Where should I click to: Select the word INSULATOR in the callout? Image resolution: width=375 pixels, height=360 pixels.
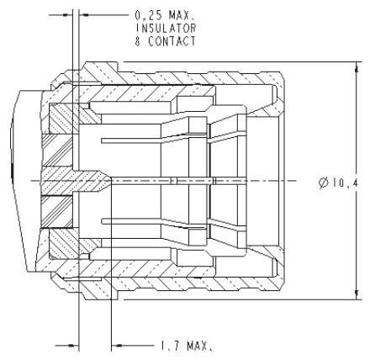point(165,28)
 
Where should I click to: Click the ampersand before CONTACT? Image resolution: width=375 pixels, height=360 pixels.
point(138,40)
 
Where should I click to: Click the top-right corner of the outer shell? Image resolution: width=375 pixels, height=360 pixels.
point(292,74)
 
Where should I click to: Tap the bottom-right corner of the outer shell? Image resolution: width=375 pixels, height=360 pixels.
point(292,289)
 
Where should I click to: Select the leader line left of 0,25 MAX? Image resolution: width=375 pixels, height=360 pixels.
point(105,14)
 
